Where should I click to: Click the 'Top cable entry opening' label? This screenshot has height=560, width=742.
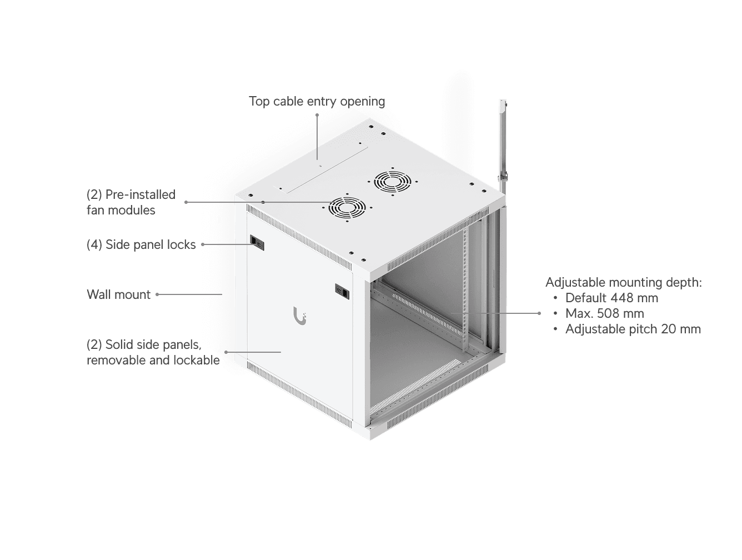point(317,101)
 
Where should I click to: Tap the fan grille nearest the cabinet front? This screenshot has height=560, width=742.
point(347,208)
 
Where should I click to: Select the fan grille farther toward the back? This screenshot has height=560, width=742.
point(392,181)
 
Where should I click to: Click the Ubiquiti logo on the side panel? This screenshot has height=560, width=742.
point(300,317)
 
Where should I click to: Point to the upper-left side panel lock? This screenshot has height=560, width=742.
point(257,242)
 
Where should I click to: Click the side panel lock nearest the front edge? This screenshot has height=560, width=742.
point(342,290)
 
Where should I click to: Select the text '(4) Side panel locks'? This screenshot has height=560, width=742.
point(141,244)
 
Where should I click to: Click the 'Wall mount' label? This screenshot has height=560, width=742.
point(118,294)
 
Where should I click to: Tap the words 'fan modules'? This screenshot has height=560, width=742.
point(121,210)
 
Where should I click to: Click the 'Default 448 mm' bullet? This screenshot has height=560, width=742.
point(611,298)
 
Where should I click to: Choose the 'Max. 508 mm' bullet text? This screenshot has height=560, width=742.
point(604,313)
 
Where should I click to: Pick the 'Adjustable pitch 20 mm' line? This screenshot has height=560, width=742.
point(633,329)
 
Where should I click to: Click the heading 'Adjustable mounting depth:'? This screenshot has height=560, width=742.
point(624,282)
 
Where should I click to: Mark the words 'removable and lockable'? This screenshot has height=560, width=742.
point(153,360)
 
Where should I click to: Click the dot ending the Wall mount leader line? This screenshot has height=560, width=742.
point(157,294)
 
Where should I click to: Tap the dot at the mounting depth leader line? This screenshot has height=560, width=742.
point(539,313)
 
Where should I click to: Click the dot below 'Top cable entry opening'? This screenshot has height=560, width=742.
point(317,115)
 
